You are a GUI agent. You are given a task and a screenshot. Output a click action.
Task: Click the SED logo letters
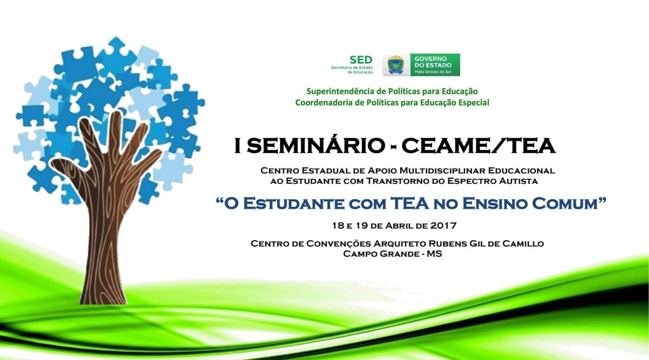tap(361, 60)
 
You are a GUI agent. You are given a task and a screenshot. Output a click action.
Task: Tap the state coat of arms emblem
tap(396, 65)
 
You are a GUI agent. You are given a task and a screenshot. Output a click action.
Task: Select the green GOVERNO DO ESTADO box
tap(435, 65)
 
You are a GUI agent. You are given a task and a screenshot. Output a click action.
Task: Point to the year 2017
tap(443, 226)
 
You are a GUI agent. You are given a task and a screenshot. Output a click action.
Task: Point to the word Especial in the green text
tap(474, 102)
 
